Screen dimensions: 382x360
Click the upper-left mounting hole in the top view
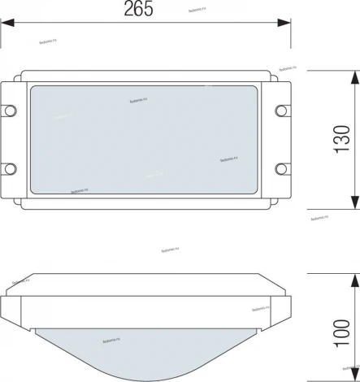[11, 110]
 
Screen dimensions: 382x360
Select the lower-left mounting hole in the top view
[11, 169]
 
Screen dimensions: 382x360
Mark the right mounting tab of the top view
[283, 139]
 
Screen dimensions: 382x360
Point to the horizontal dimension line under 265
[81, 25]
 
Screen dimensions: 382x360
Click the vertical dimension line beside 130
[355, 106]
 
